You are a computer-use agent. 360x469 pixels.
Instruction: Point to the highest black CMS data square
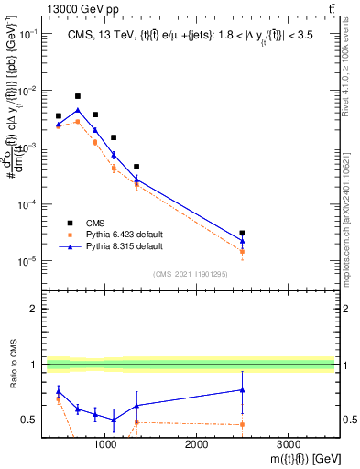(x=78, y=96)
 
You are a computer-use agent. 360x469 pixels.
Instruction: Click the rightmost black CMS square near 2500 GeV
(x=242, y=234)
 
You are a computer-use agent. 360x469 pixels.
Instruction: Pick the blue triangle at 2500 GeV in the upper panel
(x=242, y=242)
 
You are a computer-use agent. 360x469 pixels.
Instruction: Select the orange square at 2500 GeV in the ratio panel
(x=242, y=424)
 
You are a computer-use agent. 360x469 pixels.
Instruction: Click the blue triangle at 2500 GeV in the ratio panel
(x=242, y=390)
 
